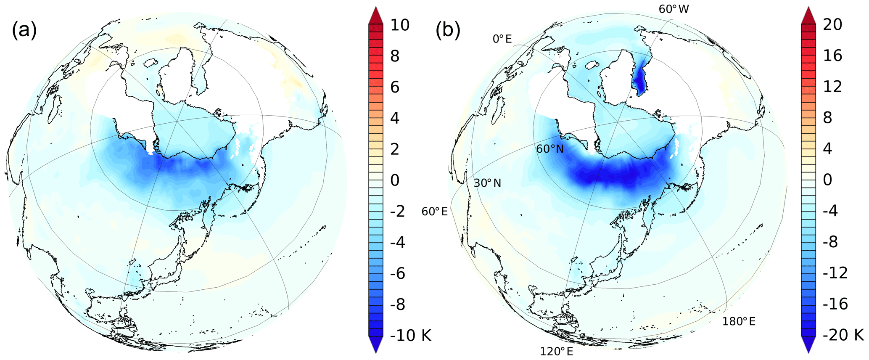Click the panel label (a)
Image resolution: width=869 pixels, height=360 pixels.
(24, 31)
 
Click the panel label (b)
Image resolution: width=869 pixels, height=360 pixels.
(448, 31)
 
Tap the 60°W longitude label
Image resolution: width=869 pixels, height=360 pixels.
(674, 9)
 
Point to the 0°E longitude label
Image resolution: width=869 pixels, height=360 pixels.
(502, 39)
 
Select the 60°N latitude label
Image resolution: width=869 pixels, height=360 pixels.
(549, 148)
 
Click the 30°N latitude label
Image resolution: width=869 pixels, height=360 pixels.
(487, 183)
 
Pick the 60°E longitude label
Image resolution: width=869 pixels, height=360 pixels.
(434, 212)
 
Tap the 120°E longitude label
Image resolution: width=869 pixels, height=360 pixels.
(556, 351)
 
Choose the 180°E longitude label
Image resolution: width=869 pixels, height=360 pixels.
(739, 322)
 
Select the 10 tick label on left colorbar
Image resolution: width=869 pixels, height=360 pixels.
(399, 25)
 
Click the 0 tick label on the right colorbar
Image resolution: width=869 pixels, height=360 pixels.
(827, 180)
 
